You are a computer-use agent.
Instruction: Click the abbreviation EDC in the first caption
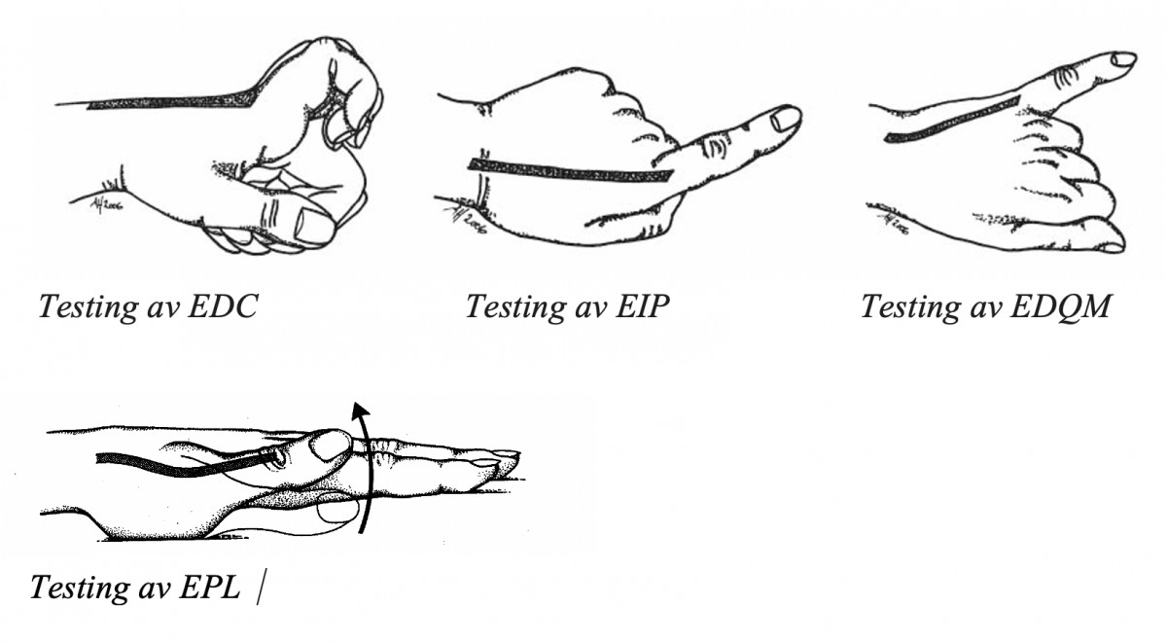click(x=223, y=305)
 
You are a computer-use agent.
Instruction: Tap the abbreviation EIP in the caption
click(x=642, y=305)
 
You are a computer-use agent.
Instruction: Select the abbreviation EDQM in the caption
click(x=1059, y=305)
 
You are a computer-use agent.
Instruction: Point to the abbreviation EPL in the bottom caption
click(x=209, y=588)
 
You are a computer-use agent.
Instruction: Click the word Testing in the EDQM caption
click(x=910, y=307)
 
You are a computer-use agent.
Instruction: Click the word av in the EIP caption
click(x=591, y=310)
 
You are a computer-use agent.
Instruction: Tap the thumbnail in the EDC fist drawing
click(x=313, y=226)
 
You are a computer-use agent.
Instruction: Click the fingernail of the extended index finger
click(x=785, y=119)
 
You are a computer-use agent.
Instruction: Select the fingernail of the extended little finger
click(x=1122, y=59)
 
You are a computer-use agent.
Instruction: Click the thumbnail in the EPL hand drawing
click(x=331, y=445)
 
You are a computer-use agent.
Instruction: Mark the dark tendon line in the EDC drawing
click(x=172, y=101)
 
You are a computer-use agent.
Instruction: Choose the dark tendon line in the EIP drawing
click(x=571, y=171)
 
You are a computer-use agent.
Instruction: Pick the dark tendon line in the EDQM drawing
click(x=952, y=120)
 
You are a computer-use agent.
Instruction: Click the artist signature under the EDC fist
click(x=106, y=205)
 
